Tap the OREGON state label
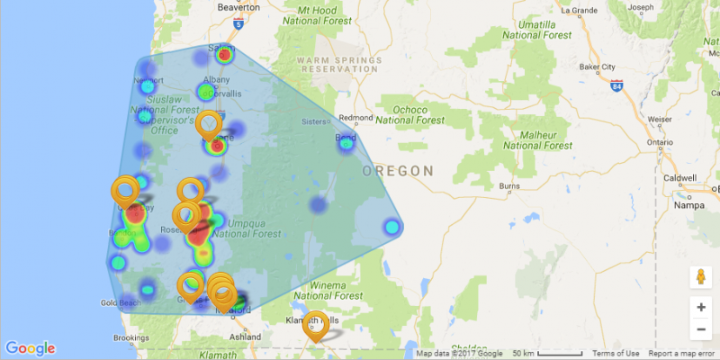pyautogui.click(x=398, y=170)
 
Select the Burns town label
pyautogui.click(x=509, y=187)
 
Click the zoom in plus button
pyautogui.click(x=700, y=307)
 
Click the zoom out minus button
pyautogui.click(x=700, y=329)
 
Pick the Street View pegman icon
pyautogui.click(x=700, y=277)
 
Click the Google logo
pyautogui.click(x=30, y=348)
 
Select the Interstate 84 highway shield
pyautogui.click(x=615, y=87)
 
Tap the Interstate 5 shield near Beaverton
pyautogui.click(x=238, y=26)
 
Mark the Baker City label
pyautogui.click(x=597, y=67)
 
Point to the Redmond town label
pyautogui.click(x=355, y=118)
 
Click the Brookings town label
pyautogui.click(x=130, y=337)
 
